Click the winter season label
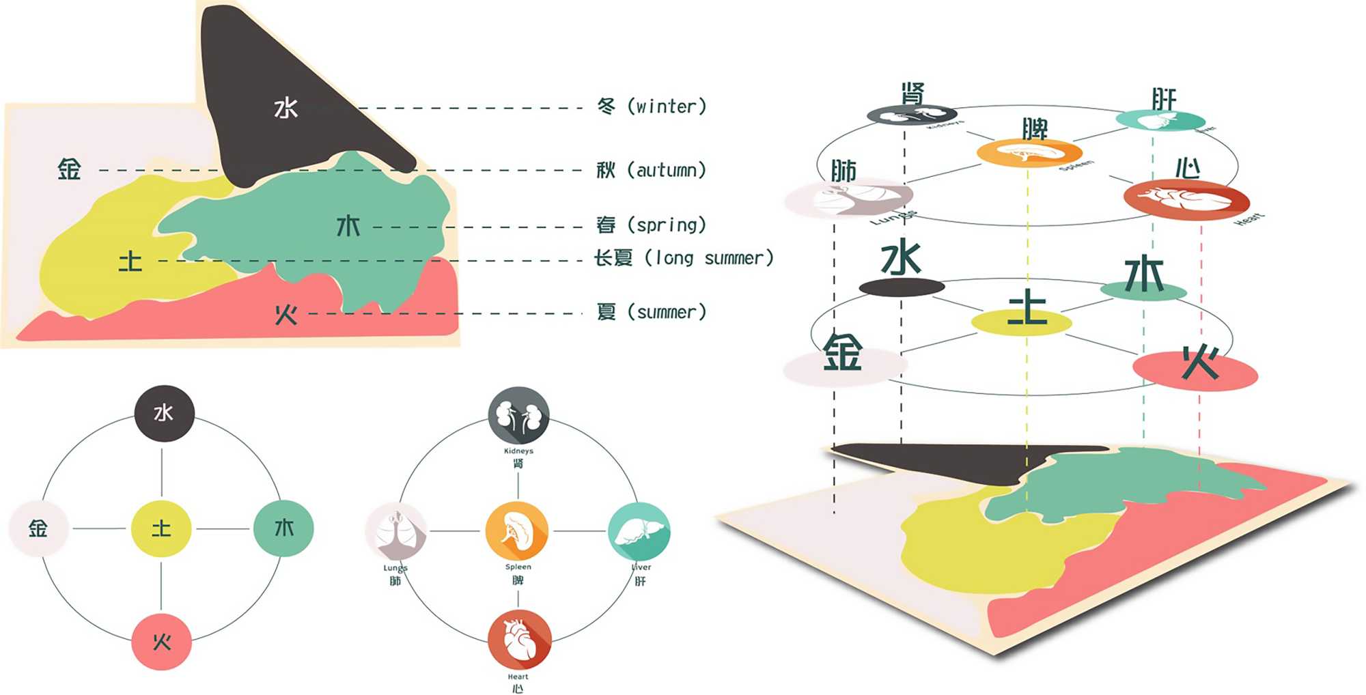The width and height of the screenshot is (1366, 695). [652, 107]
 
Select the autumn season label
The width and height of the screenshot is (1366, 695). [651, 170]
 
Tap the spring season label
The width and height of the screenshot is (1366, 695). [651, 225]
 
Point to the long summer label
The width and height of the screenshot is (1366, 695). [683, 258]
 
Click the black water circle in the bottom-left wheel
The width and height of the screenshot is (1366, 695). [164, 413]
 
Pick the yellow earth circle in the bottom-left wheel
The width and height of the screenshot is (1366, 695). [161, 528]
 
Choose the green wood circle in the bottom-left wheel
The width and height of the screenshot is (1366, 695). [283, 528]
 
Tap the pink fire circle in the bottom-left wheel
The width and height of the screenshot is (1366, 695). [162, 642]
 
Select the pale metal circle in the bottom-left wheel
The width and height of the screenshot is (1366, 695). [38, 528]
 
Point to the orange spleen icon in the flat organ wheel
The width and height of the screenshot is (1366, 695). [517, 530]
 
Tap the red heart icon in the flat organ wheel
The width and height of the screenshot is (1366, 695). [519, 640]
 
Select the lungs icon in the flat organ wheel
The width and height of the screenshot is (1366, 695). [395, 532]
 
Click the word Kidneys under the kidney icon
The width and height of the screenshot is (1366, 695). [518, 451]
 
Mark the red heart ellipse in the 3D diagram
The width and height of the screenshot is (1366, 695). [1186, 199]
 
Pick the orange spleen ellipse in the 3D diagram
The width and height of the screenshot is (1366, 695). [1029, 152]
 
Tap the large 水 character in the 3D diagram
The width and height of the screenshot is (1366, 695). [901, 259]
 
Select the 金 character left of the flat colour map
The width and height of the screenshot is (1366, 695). [69, 169]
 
